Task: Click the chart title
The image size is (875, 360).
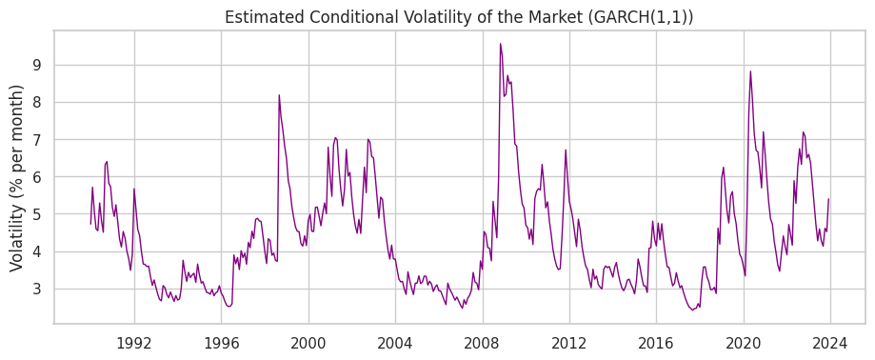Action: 459,17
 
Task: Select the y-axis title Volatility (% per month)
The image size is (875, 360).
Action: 17,178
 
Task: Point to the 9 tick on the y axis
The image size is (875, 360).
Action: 44,66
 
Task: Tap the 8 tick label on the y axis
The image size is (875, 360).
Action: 44,103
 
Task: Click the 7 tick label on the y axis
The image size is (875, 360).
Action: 44,140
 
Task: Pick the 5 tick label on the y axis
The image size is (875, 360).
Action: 44,214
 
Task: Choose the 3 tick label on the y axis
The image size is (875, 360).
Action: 44,290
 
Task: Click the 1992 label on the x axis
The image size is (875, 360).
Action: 134,343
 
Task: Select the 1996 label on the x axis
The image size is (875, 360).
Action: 221,343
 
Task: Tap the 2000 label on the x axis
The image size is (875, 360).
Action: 308,343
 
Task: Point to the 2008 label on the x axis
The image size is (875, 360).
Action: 483,343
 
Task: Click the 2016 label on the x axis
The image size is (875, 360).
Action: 656,343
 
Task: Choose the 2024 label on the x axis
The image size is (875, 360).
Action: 830,343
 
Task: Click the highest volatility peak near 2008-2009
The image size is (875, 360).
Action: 500,44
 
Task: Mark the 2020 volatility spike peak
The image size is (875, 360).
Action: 750,71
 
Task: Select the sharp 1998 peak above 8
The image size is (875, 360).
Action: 279,95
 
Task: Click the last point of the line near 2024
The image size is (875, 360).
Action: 828,199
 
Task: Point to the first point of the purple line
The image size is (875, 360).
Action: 91,224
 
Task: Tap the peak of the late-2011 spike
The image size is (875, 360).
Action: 566,150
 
